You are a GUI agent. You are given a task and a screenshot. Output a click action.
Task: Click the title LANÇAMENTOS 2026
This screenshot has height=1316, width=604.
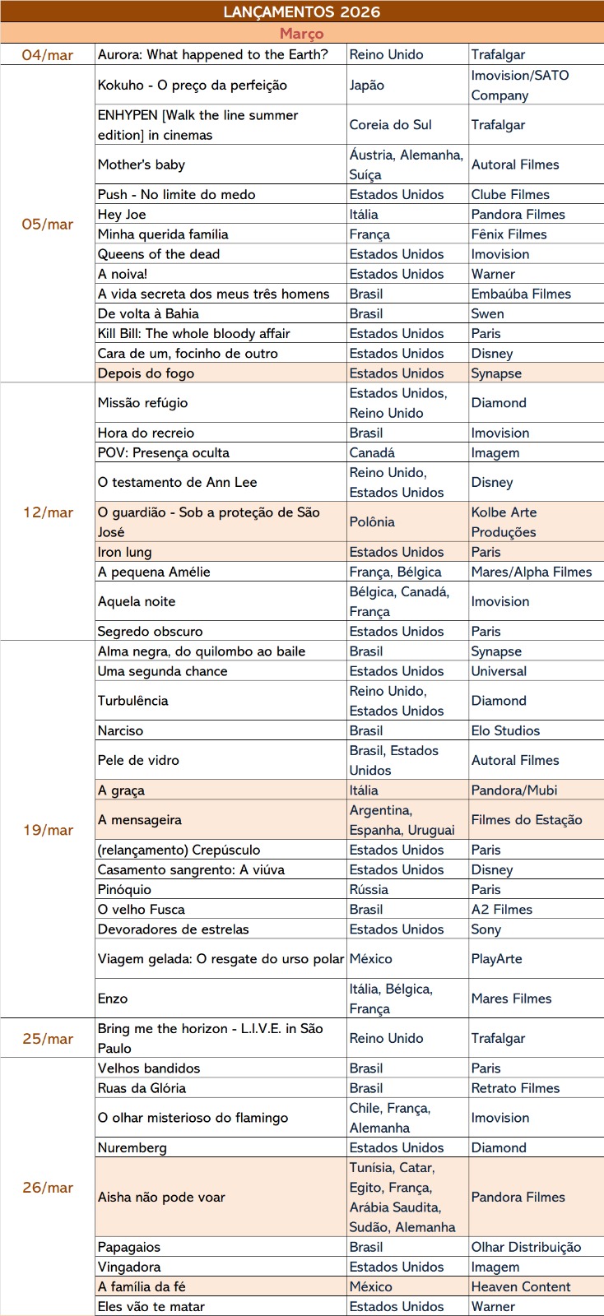pos(301,12)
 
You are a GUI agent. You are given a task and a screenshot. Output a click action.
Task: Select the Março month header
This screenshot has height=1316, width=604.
pos(301,34)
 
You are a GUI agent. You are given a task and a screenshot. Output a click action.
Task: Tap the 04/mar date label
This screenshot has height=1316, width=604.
pos(48,55)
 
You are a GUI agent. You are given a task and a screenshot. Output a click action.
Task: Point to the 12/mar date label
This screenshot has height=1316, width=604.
pos(48,512)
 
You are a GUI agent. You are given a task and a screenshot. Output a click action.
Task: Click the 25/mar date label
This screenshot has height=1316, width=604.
pos(48,1039)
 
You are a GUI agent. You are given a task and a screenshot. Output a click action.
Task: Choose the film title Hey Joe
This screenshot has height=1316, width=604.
pos(122,215)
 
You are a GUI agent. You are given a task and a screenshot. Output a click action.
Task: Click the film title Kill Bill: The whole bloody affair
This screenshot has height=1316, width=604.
pos(193,334)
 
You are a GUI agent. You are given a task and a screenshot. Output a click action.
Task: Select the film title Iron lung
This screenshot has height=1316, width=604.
pos(124,553)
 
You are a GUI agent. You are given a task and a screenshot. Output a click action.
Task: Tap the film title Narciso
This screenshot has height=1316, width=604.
pos(120,731)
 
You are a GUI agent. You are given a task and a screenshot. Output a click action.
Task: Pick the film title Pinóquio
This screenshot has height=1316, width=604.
pos(124,890)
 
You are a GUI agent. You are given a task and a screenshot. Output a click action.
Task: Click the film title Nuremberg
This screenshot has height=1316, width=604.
pos(132,1148)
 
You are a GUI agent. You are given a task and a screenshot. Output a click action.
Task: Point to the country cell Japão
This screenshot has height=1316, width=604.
pos(366,86)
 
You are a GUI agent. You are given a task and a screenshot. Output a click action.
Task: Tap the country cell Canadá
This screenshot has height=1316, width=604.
pos(372,453)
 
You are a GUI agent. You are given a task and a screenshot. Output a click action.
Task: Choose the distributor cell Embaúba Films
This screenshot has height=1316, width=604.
pos(521,294)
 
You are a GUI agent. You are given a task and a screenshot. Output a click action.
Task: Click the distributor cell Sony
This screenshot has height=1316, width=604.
pos(486,929)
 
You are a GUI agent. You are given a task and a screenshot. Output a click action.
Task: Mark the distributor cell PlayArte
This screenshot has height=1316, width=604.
pos(496,959)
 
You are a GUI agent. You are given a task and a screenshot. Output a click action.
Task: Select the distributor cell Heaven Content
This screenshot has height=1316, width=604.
pos(521,1287)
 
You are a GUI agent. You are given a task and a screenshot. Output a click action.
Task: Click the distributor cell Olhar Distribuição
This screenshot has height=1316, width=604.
pos(526,1248)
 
